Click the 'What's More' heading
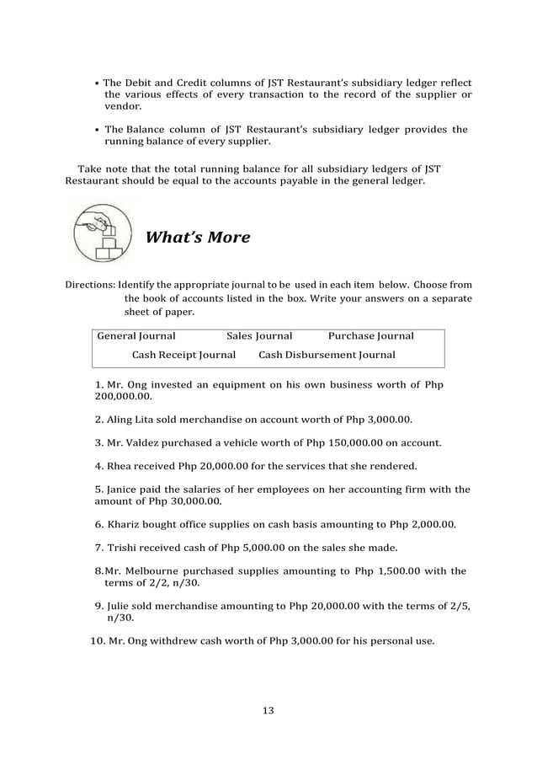(x=198, y=238)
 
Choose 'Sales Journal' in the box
(x=259, y=335)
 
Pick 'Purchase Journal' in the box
(x=370, y=335)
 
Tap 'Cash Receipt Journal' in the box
(x=183, y=355)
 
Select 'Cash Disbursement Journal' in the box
(x=327, y=355)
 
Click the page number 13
(x=268, y=710)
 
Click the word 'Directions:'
(x=91, y=285)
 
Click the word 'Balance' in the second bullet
(x=149, y=130)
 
